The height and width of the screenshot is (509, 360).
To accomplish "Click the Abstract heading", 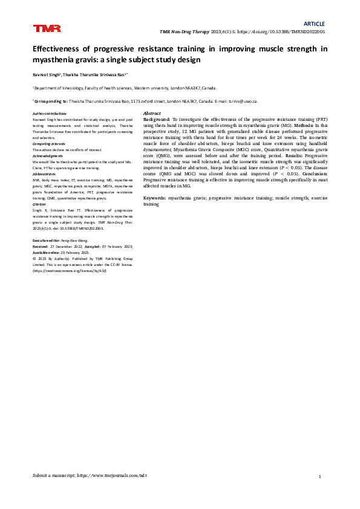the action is click(151, 114).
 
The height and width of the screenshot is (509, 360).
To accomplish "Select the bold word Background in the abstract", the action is click(157, 120).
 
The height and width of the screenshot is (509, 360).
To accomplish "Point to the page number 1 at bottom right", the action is click(319, 477).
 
